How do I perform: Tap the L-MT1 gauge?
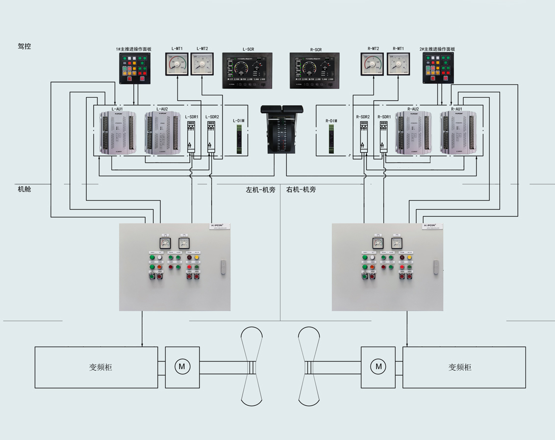(177, 64)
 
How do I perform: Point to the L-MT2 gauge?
(202, 64)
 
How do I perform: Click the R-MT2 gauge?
(373, 64)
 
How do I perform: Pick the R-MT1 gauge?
(398, 64)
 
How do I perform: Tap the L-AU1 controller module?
(117, 133)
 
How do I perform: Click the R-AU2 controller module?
(413, 133)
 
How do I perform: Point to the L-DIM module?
(239, 138)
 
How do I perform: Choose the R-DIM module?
(331, 138)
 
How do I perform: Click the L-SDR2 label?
(212, 117)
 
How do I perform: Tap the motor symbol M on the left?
(182, 366)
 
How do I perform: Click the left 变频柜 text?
(101, 367)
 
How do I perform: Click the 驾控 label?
(25, 47)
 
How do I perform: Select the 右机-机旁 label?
(301, 190)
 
